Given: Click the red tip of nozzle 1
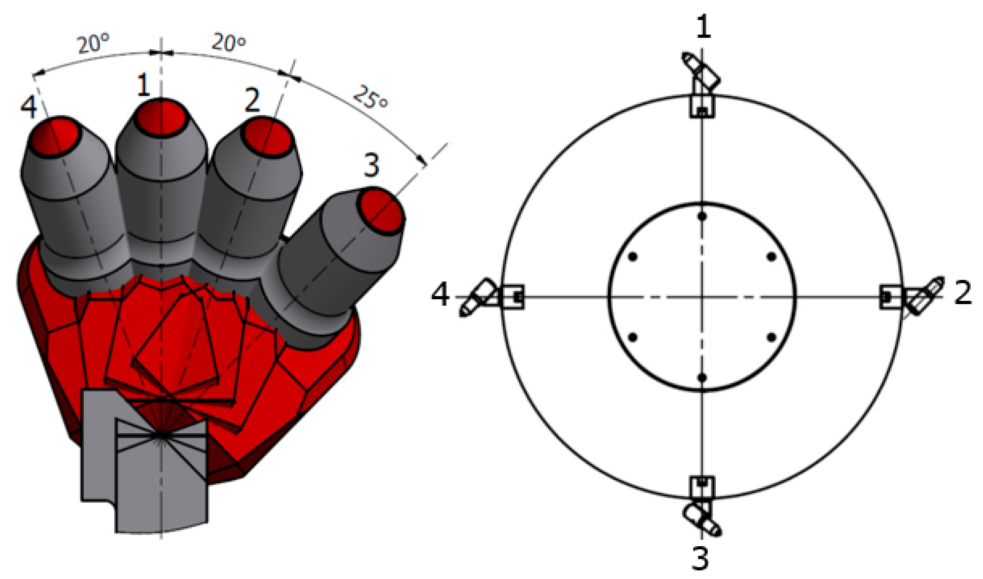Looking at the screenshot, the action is [x=162, y=118].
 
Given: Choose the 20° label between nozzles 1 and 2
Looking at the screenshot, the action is [x=229, y=42].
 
